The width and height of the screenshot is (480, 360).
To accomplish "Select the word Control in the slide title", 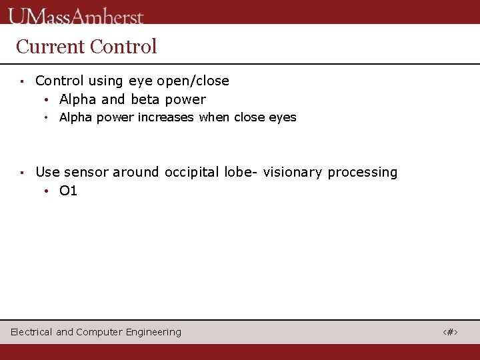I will click(x=123, y=47).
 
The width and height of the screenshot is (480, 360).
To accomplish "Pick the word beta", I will click(x=145, y=100).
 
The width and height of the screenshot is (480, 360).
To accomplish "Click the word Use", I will click(x=47, y=172).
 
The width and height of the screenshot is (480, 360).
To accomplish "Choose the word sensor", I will click(x=86, y=172).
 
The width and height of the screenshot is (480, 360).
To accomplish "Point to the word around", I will click(x=136, y=172).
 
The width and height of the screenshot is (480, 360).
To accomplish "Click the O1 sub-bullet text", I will click(x=68, y=191).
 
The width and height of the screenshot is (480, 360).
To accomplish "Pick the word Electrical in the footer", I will click(x=31, y=332).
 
